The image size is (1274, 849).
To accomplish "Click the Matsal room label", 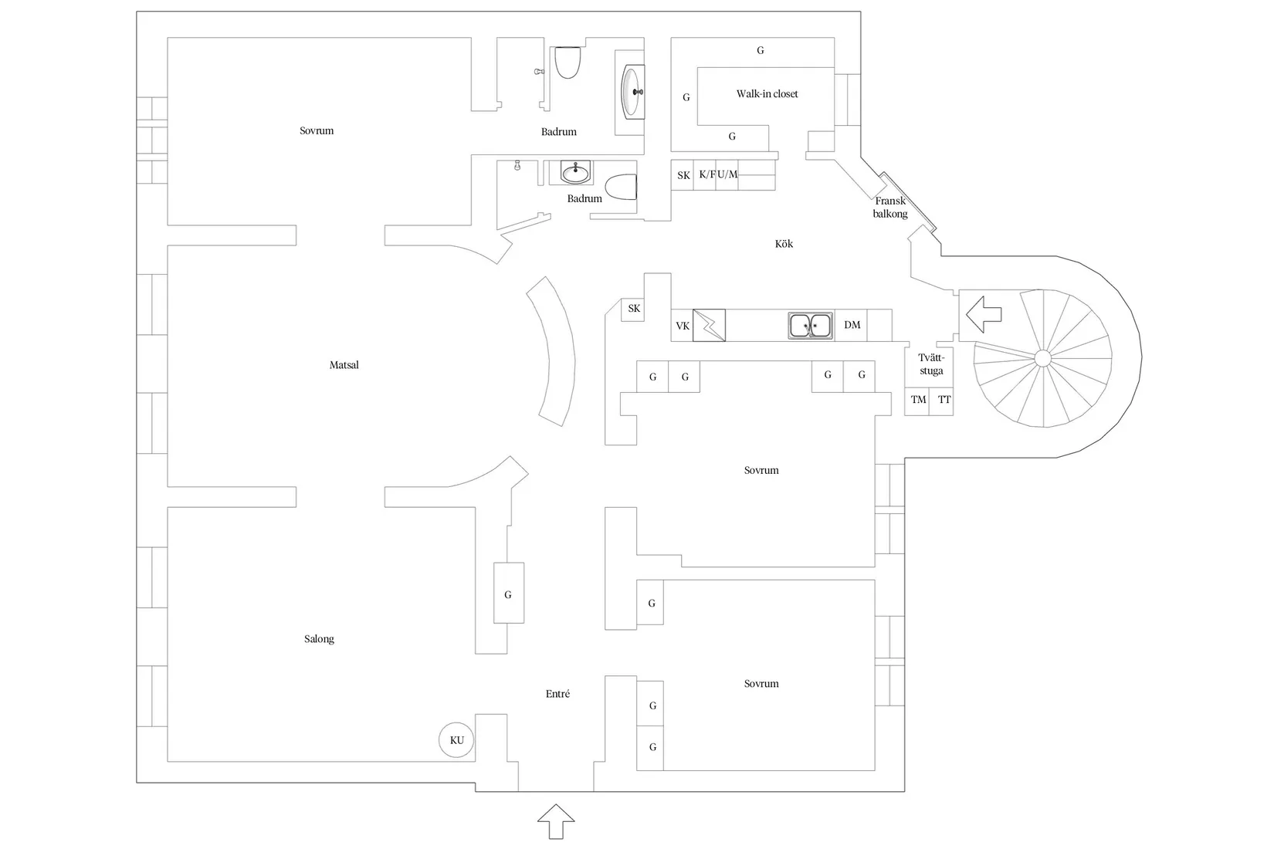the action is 344,365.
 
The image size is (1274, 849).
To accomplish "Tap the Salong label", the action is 319,639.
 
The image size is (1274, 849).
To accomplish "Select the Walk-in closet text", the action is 767,94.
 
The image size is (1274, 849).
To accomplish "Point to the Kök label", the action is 784,244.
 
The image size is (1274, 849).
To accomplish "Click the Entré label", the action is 557,694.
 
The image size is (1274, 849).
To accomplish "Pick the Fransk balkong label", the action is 890,208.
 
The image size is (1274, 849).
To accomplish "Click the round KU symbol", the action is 456,740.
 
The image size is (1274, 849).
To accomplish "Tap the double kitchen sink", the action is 811,325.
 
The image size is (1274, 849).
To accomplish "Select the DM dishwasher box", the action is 852,325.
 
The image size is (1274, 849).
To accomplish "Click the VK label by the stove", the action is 683,326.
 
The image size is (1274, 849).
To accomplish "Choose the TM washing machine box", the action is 917,401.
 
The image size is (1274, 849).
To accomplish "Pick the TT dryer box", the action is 941,401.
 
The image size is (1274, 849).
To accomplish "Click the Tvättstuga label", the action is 931,364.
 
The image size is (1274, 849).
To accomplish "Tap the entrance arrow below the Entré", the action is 556,821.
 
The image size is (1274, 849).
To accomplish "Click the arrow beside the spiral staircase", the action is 984,314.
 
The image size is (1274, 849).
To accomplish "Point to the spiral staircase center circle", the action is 1042,359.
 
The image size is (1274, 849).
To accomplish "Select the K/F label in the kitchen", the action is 707,174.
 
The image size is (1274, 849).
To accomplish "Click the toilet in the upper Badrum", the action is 567,63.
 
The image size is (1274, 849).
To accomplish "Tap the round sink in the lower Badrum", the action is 575,172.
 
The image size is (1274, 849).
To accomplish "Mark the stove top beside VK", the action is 709,325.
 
